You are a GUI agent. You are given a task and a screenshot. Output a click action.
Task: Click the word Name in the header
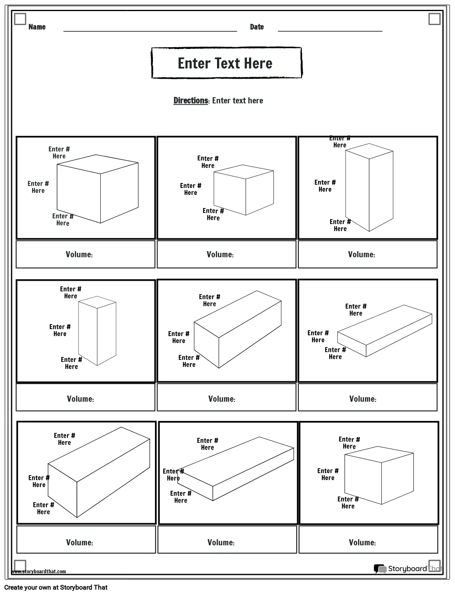coord(37,27)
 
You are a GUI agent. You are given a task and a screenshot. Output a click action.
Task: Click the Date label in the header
coord(256,27)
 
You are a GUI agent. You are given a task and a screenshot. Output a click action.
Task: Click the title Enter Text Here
coord(225,63)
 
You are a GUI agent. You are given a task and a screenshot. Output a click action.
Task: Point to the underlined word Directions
coord(191,101)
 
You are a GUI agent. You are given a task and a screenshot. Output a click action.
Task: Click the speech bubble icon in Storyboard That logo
coord(380,569)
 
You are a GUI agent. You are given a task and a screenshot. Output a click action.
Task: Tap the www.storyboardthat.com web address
coord(39,571)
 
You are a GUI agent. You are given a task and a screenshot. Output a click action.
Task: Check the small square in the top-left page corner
coord(20,19)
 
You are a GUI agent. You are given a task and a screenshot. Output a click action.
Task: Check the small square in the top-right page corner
coord(434,19)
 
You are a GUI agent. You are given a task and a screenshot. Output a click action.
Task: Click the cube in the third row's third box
coord(379,475)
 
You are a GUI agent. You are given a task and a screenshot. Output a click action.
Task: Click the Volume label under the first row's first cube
coord(79,255)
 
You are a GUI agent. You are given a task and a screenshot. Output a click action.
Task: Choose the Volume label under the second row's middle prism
coord(222,399)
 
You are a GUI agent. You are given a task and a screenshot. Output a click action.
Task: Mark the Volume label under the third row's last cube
coord(362,542)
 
